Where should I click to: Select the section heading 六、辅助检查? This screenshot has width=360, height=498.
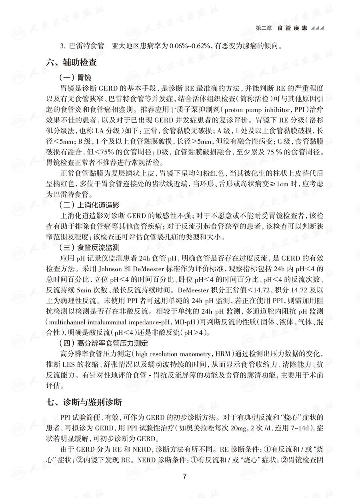pos(72,62)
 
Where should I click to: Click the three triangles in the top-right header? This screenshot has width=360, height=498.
pos(317,28)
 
